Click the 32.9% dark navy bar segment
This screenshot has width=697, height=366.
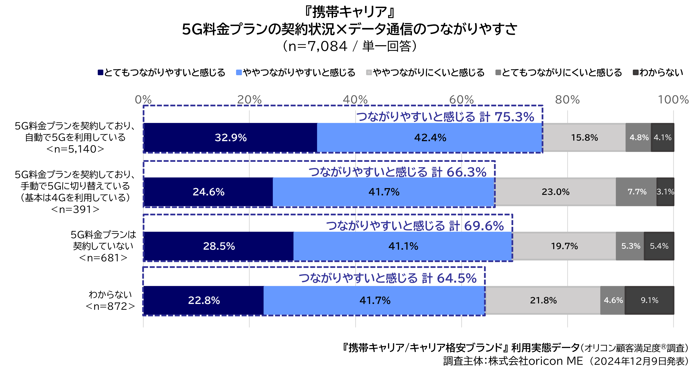230,137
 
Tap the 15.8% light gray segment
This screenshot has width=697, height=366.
584,137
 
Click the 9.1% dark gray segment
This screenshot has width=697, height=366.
649,300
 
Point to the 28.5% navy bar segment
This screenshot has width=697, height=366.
219,246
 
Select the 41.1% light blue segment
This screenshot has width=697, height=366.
403,246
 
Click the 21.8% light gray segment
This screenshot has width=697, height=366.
543,300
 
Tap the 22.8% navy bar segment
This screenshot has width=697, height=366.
203,300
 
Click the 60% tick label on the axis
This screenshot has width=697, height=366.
461,100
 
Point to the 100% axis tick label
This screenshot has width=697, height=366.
673,100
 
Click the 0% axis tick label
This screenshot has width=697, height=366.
143,100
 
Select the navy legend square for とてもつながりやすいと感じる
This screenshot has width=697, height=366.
100,72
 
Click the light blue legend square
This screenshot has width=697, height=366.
239,72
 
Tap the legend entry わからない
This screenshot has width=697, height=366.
658,72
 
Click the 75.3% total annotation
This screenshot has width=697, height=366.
445,117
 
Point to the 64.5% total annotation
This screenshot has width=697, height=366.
388,278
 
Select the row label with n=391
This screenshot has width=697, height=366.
75,192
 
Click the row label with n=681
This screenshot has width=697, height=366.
103,246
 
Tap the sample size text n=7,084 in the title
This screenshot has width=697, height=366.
318,46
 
